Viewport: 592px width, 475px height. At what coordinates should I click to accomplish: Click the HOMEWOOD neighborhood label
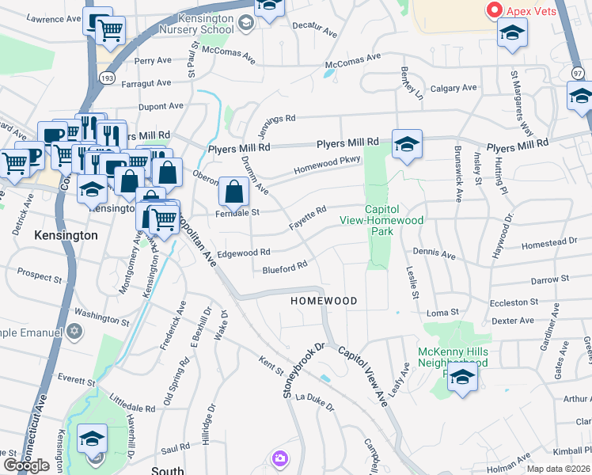[324, 301]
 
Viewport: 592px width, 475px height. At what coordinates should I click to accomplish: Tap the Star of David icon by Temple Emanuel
[74, 329]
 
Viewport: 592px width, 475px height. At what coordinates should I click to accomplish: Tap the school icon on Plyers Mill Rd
[407, 144]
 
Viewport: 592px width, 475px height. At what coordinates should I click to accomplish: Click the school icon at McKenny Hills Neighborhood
[463, 378]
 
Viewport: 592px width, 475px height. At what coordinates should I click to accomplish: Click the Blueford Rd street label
[284, 269]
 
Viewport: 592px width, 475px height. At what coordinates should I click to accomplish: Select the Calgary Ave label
[453, 88]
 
